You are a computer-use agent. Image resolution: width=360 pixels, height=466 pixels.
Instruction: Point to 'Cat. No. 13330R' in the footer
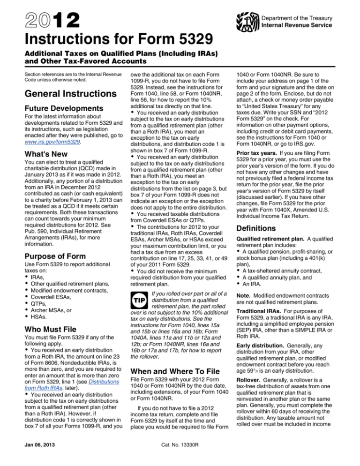[180, 453]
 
